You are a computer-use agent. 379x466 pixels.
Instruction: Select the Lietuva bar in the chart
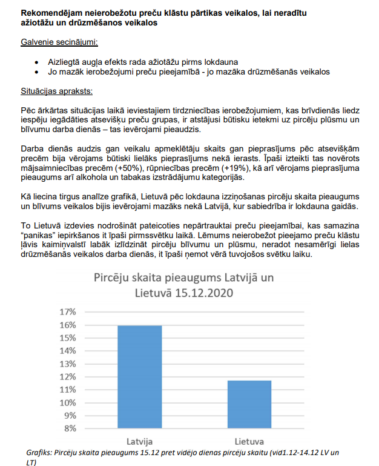[x=249, y=404]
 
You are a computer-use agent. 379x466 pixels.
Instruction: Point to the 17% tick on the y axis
[x=66, y=312]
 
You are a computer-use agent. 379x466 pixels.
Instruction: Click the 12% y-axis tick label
[x=66, y=377]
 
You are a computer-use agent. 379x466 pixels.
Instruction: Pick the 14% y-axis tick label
[x=66, y=351]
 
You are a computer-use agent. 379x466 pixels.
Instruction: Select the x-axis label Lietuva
[x=249, y=441]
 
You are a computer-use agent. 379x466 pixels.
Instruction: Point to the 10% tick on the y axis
[x=66, y=402]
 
